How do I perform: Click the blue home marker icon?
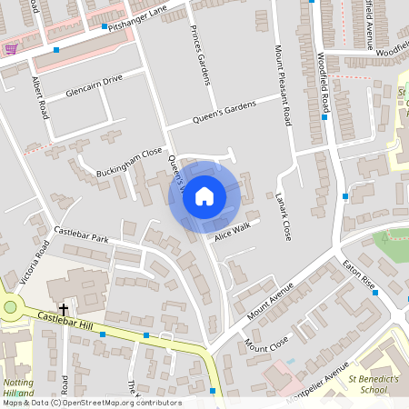pyautogui.click(x=204, y=195)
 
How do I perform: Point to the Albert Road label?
pyautogui.click(x=40, y=97)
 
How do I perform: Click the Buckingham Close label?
pyautogui.click(x=128, y=163)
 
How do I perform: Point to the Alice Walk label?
pyautogui.click(x=231, y=234)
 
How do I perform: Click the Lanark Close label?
pyautogui.click(x=284, y=217)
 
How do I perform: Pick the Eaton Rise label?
pyautogui.click(x=357, y=272)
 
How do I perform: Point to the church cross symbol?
pyautogui.click(x=64, y=309)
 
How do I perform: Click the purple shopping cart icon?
pyautogui.click(x=10, y=50)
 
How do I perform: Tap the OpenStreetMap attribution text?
pyautogui.click(x=92, y=403)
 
